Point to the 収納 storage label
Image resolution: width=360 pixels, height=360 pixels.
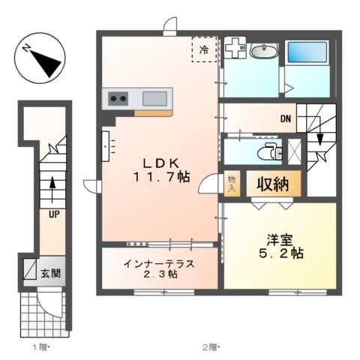(x=273, y=183)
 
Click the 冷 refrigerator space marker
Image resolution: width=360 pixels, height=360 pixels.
(x=204, y=49)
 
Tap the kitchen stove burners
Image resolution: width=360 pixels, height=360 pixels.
(x=118, y=97)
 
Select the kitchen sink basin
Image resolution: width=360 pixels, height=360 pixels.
(x=155, y=97)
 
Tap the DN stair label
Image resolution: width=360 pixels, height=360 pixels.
(x=286, y=118)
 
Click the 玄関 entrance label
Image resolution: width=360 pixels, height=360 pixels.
(x=50, y=272)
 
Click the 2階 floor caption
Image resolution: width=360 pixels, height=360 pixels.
(x=209, y=346)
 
